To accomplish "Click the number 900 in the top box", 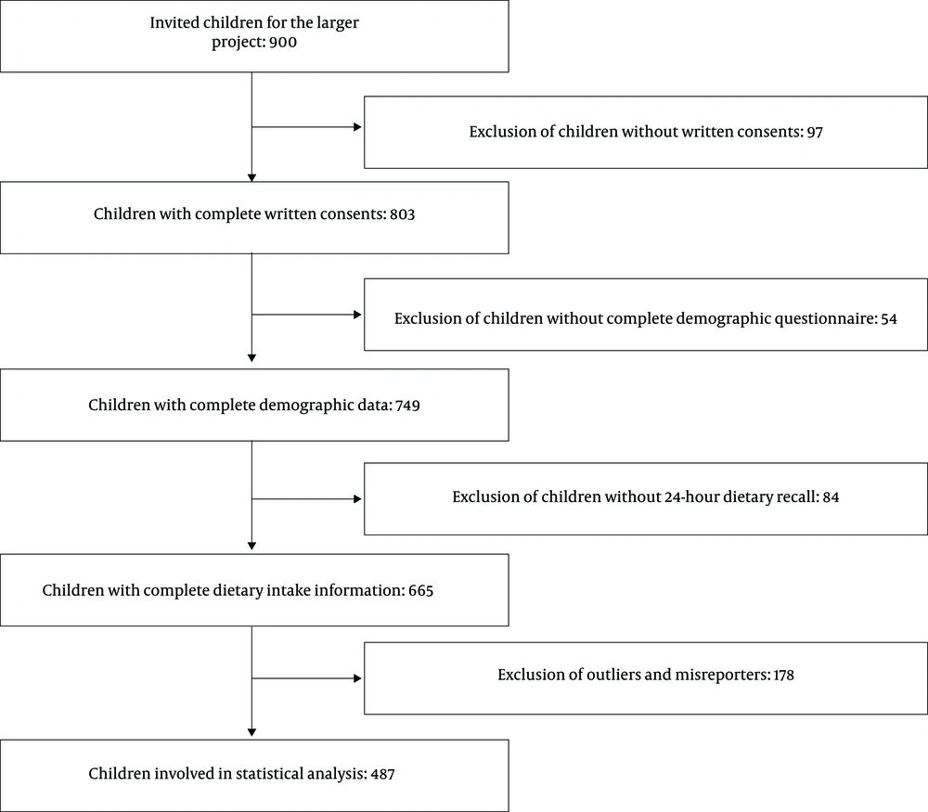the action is click(283, 43).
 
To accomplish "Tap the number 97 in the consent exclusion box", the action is click(815, 132).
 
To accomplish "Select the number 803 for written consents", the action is click(403, 214).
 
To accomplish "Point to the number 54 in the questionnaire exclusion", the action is click(889, 319).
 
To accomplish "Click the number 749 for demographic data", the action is click(407, 406).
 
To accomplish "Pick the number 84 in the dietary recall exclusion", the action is click(831, 497).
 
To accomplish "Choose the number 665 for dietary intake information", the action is click(420, 590).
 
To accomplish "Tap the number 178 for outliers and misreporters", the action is click(783, 676).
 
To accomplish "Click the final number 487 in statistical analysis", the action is click(383, 774).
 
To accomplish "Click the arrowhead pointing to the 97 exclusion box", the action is click(357, 126).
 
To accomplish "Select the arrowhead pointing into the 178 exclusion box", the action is click(357, 678).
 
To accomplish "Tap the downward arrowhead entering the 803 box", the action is click(251, 177).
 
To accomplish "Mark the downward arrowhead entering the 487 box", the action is click(251, 732).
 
